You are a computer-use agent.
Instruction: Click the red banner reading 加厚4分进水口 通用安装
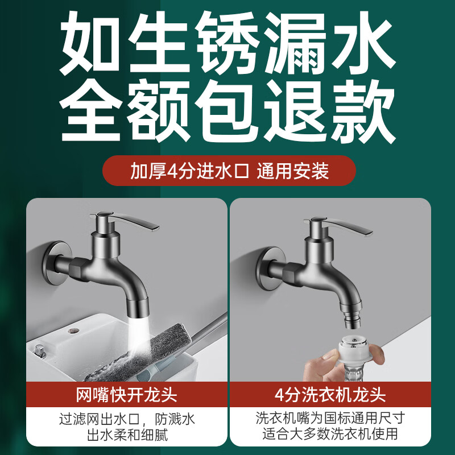click(x=229, y=171)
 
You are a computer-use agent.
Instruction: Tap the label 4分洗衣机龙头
click(x=330, y=395)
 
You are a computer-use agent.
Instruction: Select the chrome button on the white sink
click(x=39, y=348)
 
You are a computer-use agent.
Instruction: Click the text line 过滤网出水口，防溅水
click(x=127, y=420)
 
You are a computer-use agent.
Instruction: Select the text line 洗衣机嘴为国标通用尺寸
click(x=330, y=420)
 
